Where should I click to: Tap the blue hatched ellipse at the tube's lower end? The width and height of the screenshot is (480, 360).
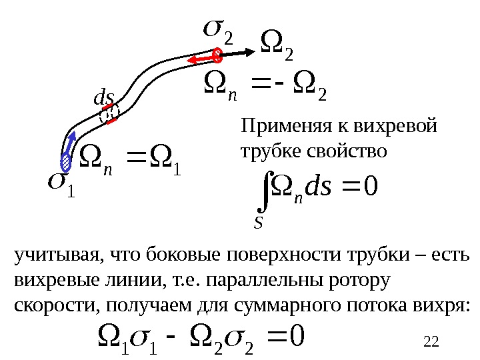[66, 161]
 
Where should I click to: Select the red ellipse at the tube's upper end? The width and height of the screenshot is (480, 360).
[217, 55]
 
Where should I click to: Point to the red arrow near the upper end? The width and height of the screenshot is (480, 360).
[200, 61]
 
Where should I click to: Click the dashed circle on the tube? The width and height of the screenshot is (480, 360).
[108, 115]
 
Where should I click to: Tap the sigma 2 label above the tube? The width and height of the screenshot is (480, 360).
[218, 29]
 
